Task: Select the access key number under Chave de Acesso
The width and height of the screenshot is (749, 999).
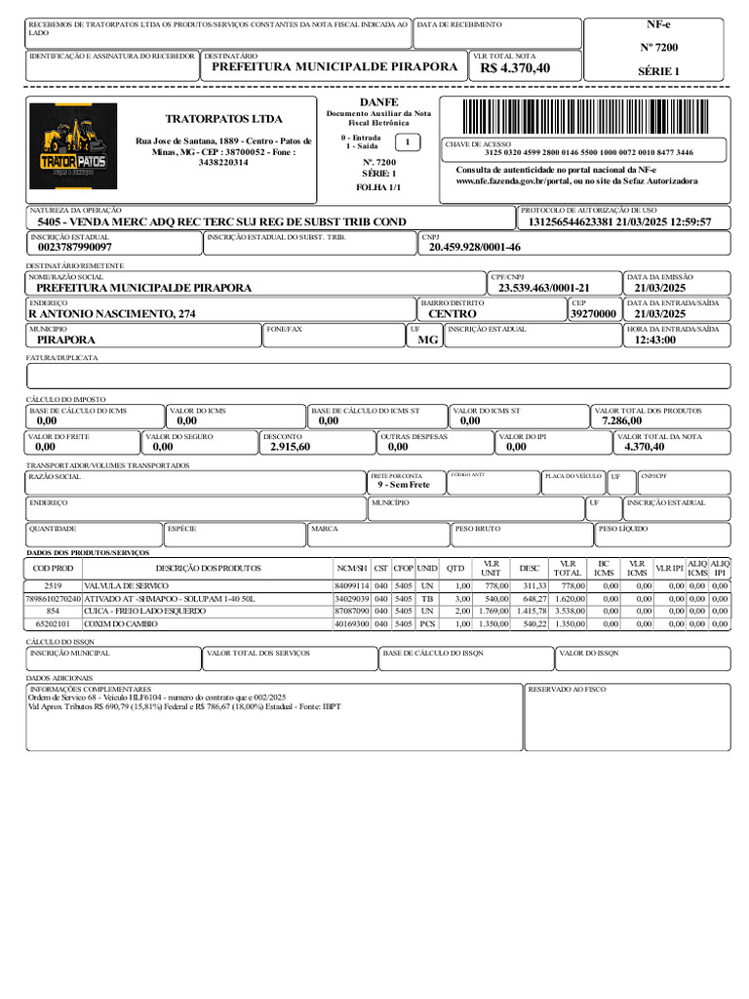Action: click(588, 153)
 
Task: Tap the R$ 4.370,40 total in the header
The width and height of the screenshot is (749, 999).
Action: click(515, 67)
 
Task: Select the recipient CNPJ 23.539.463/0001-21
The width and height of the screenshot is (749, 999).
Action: click(544, 288)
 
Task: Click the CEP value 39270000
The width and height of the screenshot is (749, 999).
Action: click(593, 314)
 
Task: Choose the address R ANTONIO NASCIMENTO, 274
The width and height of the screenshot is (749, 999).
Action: click(111, 314)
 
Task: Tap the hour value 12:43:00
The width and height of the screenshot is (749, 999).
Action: click(654, 340)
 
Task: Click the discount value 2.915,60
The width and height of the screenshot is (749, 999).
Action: click(284, 447)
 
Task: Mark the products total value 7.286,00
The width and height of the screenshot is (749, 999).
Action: click(621, 420)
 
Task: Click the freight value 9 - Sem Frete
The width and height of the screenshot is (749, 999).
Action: click(404, 485)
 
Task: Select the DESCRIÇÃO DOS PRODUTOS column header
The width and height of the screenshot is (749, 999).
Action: click(209, 568)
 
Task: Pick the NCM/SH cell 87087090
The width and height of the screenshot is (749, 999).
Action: click(351, 610)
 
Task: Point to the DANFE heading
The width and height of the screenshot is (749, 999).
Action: click(378, 101)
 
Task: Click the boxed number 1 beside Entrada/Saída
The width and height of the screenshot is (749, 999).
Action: click(408, 142)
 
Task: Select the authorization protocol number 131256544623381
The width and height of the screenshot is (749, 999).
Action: click(570, 222)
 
